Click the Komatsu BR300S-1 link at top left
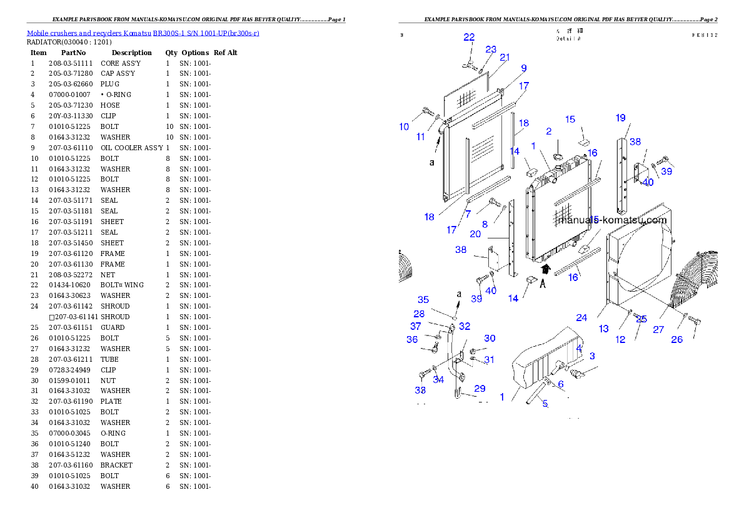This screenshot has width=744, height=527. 143,33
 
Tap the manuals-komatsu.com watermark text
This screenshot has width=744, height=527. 612,220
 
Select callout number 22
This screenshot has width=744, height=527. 469,38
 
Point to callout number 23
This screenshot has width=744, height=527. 491,49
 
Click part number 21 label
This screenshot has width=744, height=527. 505,57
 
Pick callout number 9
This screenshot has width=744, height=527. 523,68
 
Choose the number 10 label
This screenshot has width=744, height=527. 404,126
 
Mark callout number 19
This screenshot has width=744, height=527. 620,118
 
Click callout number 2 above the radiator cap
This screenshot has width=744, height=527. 548,131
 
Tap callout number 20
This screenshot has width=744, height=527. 475,234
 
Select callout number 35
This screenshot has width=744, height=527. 423,300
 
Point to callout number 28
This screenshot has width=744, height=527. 419,314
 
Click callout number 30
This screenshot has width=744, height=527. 490,338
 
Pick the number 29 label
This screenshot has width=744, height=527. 480,389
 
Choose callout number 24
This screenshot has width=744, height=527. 581,317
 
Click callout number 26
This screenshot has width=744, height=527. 677,339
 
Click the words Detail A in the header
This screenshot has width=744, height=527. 568,39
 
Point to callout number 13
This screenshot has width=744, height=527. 603,329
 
